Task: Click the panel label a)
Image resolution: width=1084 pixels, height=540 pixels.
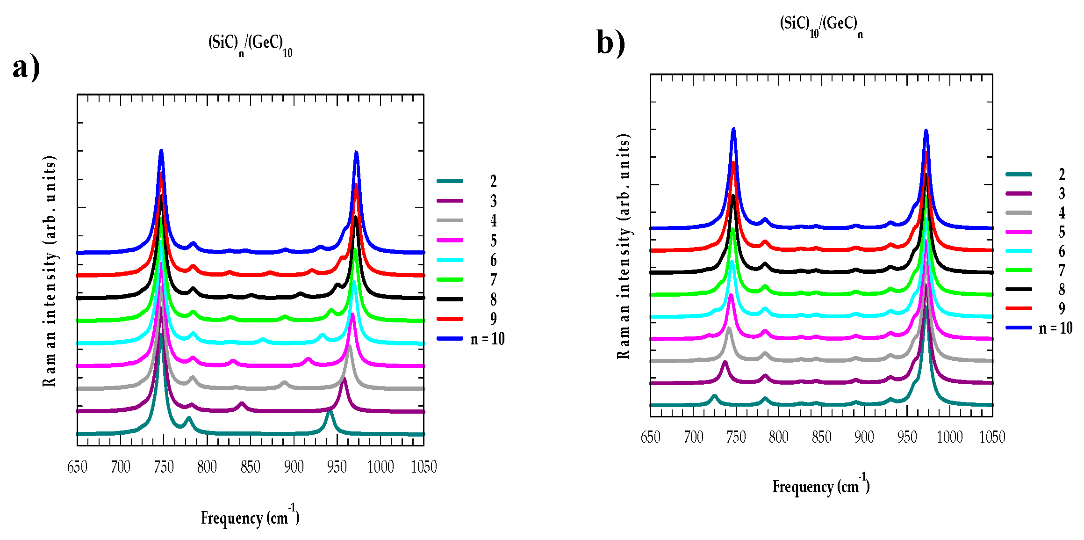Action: (x=26, y=68)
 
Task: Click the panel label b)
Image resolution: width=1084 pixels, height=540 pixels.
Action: (x=610, y=43)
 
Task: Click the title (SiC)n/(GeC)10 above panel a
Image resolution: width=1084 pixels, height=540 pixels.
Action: (x=250, y=45)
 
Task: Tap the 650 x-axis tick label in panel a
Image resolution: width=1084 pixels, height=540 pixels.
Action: (x=77, y=467)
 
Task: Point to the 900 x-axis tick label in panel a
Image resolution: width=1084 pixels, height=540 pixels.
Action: (x=294, y=467)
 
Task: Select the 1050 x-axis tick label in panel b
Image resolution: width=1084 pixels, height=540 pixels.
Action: (x=992, y=437)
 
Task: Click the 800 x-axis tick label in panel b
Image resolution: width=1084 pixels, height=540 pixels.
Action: (x=779, y=437)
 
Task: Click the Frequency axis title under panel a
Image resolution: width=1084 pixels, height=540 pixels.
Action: (x=250, y=518)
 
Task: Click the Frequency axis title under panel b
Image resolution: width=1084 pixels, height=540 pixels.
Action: (x=821, y=486)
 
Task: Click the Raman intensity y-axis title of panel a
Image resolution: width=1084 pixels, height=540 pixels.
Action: (x=50, y=271)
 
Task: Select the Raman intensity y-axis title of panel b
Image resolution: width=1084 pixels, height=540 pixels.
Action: (x=624, y=246)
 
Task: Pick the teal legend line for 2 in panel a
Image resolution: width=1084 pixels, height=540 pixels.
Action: (x=450, y=181)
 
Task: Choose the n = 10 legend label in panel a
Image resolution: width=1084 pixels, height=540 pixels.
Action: (x=487, y=339)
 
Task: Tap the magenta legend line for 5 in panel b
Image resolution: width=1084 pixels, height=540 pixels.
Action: (x=1019, y=232)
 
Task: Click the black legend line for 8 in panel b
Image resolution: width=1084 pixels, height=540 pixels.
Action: (x=1019, y=289)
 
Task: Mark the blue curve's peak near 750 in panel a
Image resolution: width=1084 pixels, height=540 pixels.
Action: (x=161, y=151)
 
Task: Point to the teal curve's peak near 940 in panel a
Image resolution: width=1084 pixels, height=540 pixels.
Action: (x=330, y=411)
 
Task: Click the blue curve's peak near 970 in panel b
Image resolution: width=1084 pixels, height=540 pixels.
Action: (x=926, y=131)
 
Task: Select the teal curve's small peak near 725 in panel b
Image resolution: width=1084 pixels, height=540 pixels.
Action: (x=714, y=396)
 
